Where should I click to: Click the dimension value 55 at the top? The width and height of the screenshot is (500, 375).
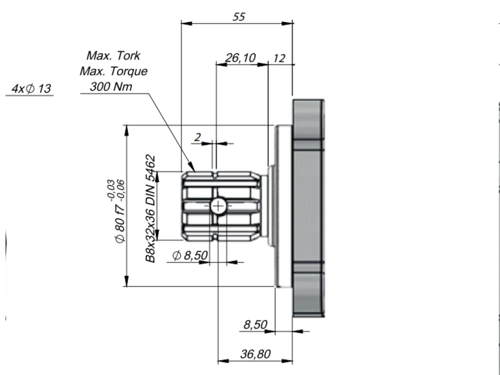238,16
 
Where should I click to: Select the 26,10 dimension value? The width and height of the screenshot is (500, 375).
240,57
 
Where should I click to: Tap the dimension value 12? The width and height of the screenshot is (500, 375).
279,58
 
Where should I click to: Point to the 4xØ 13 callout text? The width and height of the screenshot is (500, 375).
31,88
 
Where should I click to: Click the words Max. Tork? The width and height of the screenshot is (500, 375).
113,55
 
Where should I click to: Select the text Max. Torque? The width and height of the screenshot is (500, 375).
113,71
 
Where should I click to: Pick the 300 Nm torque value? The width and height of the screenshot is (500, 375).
110,86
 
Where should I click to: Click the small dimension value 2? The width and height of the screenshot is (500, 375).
197,137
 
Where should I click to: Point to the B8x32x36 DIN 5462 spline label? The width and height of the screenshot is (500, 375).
150,209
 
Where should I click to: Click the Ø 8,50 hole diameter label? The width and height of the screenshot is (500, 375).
190,255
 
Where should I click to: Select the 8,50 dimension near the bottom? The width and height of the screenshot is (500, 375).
255,324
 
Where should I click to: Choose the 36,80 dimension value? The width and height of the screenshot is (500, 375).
255,353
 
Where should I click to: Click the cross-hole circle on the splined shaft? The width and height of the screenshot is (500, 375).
218,206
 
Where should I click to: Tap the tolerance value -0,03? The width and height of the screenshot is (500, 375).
110,190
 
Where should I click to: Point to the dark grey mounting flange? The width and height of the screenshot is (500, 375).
308,208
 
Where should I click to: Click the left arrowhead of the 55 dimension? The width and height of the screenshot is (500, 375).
186,23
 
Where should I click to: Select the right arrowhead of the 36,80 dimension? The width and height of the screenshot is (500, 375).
287,361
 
